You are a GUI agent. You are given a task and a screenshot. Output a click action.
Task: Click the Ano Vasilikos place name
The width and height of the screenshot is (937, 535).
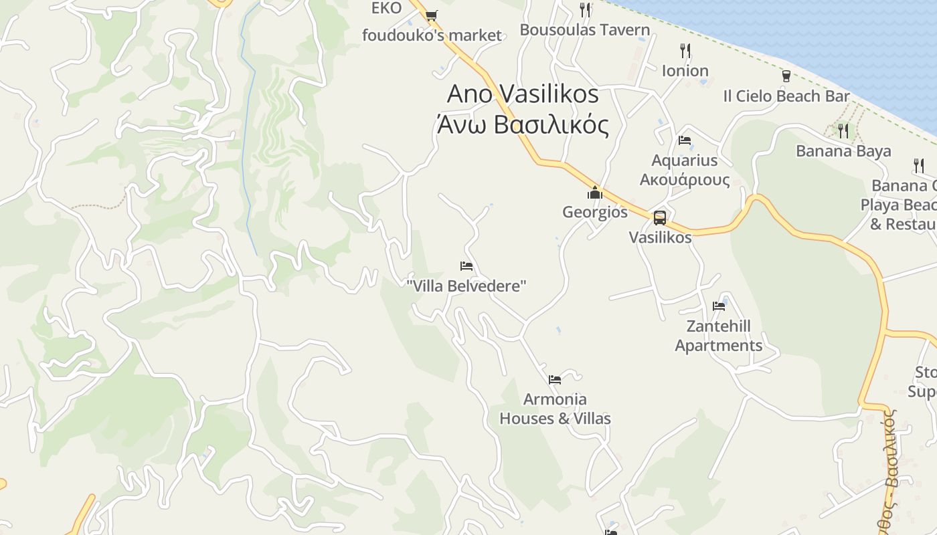pyautogui.click(x=523, y=94)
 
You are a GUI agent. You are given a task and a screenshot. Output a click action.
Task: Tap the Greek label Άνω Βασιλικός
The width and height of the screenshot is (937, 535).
pyautogui.click(x=523, y=125)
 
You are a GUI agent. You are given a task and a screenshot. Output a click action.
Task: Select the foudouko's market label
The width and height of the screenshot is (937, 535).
pyautogui.click(x=432, y=35)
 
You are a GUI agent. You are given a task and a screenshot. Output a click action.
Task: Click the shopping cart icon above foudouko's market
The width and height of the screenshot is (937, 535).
pyautogui.click(x=431, y=15)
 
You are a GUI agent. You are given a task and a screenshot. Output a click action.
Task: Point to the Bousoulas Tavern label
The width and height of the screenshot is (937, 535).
pyautogui.click(x=585, y=30)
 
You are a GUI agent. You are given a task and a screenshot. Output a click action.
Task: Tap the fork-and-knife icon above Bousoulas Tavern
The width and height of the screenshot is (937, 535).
pyautogui.click(x=585, y=9)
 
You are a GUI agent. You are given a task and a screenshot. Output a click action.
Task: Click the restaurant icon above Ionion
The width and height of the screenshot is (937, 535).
pyautogui.click(x=685, y=51)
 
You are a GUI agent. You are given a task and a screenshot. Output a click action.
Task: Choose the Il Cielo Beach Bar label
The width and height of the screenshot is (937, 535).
pyautogui.click(x=786, y=96)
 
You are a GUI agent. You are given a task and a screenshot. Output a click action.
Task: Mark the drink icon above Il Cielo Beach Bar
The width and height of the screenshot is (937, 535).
pyautogui.click(x=786, y=76)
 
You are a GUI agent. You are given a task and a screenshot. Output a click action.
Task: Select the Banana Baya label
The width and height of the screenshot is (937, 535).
pyautogui.click(x=843, y=151)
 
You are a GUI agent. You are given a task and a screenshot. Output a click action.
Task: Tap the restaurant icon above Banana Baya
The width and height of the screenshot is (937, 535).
pyautogui.click(x=843, y=130)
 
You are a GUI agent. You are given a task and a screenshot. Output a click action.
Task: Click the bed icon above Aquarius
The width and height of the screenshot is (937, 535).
pyautogui.click(x=685, y=140)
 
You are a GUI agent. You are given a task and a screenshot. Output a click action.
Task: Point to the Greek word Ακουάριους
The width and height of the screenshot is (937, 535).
pyautogui.click(x=685, y=180)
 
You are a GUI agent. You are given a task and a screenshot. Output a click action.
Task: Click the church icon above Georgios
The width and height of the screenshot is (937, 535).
pyautogui.click(x=594, y=193)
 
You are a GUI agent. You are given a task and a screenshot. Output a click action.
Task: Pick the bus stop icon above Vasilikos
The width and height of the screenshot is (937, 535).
pyautogui.click(x=660, y=217)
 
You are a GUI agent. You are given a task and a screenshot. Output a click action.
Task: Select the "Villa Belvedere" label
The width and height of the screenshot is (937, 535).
pyautogui.click(x=466, y=286)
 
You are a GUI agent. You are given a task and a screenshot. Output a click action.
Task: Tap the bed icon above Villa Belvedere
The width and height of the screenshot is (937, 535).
pyautogui.click(x=466, y=266)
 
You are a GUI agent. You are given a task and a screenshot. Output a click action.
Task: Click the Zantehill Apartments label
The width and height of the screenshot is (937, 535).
pyautogui.click(x=719, y=336)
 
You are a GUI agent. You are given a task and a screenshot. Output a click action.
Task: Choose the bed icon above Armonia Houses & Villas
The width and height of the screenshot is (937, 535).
pyautogui.click(x=555, y=380)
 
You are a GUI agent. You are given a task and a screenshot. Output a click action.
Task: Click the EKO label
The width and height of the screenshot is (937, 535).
pyautogui.click(x=387, y=8)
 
